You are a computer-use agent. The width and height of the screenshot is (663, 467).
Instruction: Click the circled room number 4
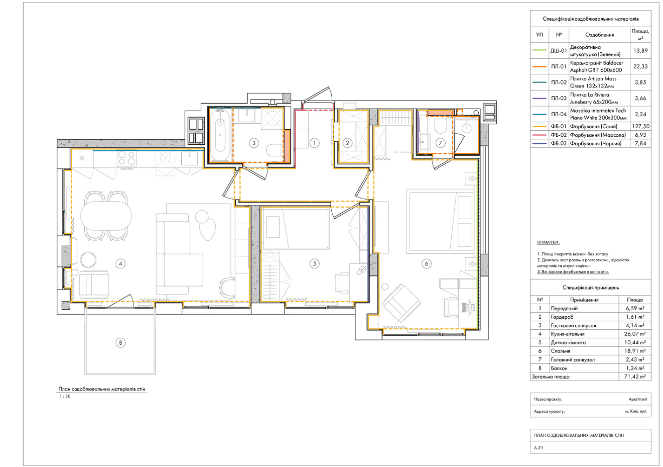point(120,263)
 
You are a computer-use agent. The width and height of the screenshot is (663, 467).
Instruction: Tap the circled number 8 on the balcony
point(120,343)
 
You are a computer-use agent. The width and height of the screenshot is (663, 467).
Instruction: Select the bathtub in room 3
point(220,135)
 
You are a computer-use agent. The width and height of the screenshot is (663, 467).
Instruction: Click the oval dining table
point(106,216)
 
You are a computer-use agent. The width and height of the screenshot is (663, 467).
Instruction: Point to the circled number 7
point(441,143)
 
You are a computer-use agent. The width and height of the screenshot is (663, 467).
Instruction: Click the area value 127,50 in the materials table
point(641,126)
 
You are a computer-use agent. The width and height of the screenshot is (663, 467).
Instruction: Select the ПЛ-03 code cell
point(559,98)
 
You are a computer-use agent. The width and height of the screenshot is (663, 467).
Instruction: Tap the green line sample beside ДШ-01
point(539,50)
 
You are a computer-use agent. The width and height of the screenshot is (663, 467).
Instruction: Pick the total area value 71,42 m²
point(635,377)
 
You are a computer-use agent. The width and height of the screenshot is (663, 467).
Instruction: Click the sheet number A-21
point(539,448)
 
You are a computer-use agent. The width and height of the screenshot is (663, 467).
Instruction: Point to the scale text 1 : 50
point(65,396)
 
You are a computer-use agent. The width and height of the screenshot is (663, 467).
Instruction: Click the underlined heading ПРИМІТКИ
point(548,242)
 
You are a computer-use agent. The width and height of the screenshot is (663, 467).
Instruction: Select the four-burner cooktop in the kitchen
point(126,158)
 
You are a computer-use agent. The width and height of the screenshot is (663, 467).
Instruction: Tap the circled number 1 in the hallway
point(314,143)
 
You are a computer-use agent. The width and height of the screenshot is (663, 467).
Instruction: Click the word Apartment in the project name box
point(638,399)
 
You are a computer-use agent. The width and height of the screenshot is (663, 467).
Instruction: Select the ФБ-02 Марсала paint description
point(598,135)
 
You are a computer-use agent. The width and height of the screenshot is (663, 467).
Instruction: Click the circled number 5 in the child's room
point(314,263)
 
